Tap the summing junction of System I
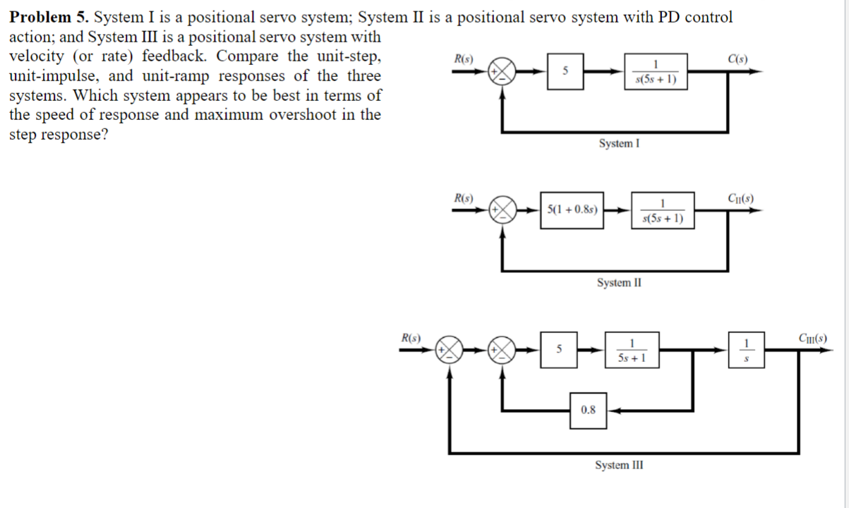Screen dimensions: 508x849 pyautogui.click(x=503, y=71)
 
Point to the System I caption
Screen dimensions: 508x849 pyautogui.click(x=619, y=144)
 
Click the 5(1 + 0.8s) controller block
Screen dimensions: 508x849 pyautogui.click(x=573, y=210)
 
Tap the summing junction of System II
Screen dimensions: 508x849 pyautogui.click(x=503, y=210)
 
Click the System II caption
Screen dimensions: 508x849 pyautogui.click(x=619, y=283)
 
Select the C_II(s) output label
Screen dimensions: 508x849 pyautogui.click(x=739, y=198)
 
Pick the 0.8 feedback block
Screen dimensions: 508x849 pyautogui.click(x=589, y=409)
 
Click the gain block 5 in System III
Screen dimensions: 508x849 pyautogui.click(x=558, y=349)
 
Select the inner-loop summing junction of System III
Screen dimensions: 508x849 pyautogui.click(x=503, y=349)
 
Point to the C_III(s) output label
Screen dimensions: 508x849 pyautogui.click(x=811, y=337)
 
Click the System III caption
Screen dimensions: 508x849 pyautogui.click(x=619, y=465)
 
